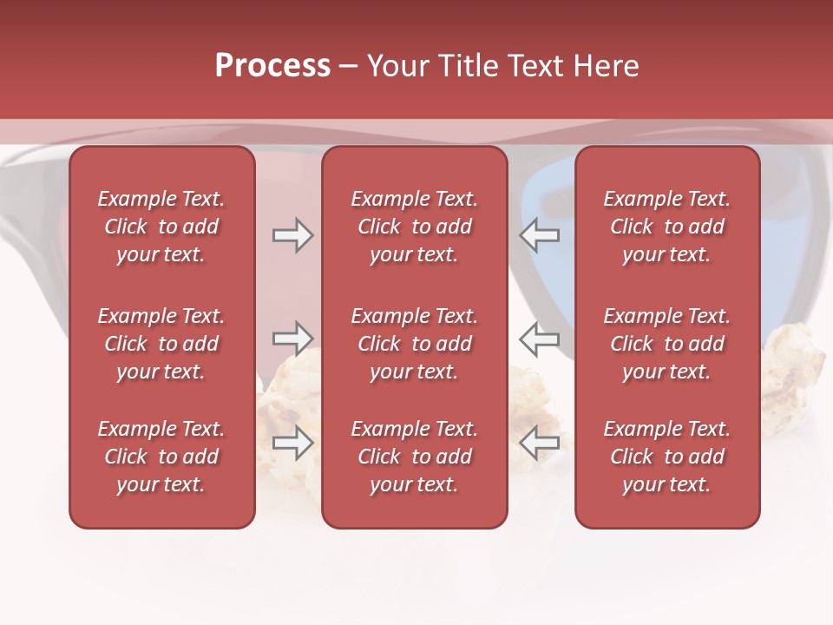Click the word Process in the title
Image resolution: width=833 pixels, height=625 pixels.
[x=272, y=66]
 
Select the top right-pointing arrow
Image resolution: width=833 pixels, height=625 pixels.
[x=292, y=236]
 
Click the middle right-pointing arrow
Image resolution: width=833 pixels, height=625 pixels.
[x=292, y=338]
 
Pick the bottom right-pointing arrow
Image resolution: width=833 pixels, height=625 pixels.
[x=292, y=443]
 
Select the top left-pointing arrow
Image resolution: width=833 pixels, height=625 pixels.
[x=540, y=236]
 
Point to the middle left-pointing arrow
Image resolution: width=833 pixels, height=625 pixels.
[x=540, y=339]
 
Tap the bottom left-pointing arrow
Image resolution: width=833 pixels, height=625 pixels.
[x=540, y=443]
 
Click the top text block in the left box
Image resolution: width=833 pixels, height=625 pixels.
[x=161, y=227]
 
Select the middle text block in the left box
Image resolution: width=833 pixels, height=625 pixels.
[x=161, y=344]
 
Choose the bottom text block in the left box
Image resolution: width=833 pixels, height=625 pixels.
[x=161, y=457]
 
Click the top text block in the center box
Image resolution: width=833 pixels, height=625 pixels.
[x=415, y=227]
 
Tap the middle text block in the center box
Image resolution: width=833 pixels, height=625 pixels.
[x=415, y=344]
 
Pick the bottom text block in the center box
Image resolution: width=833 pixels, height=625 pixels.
[x=415, y=457]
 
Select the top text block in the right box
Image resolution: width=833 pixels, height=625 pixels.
[x=667, y=227]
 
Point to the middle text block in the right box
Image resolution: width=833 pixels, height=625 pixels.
[x=667, y=344]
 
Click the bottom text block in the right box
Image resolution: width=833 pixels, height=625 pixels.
[x=667, y=457]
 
